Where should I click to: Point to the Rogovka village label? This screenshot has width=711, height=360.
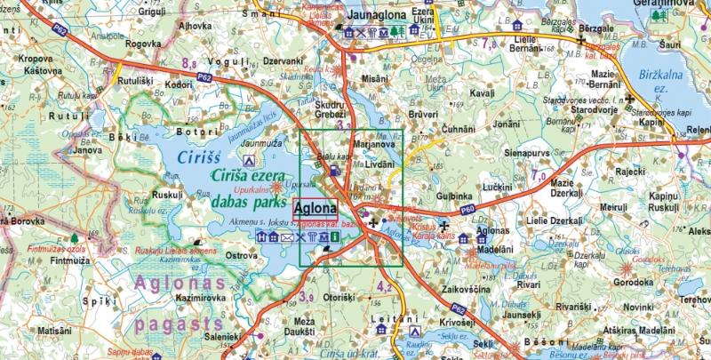[x=143, y=42]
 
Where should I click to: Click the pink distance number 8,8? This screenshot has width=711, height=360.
[x=189, y=63]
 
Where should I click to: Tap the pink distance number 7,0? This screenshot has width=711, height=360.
[x=538, y=176]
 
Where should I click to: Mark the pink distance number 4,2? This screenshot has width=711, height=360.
[x=385, y=286]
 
